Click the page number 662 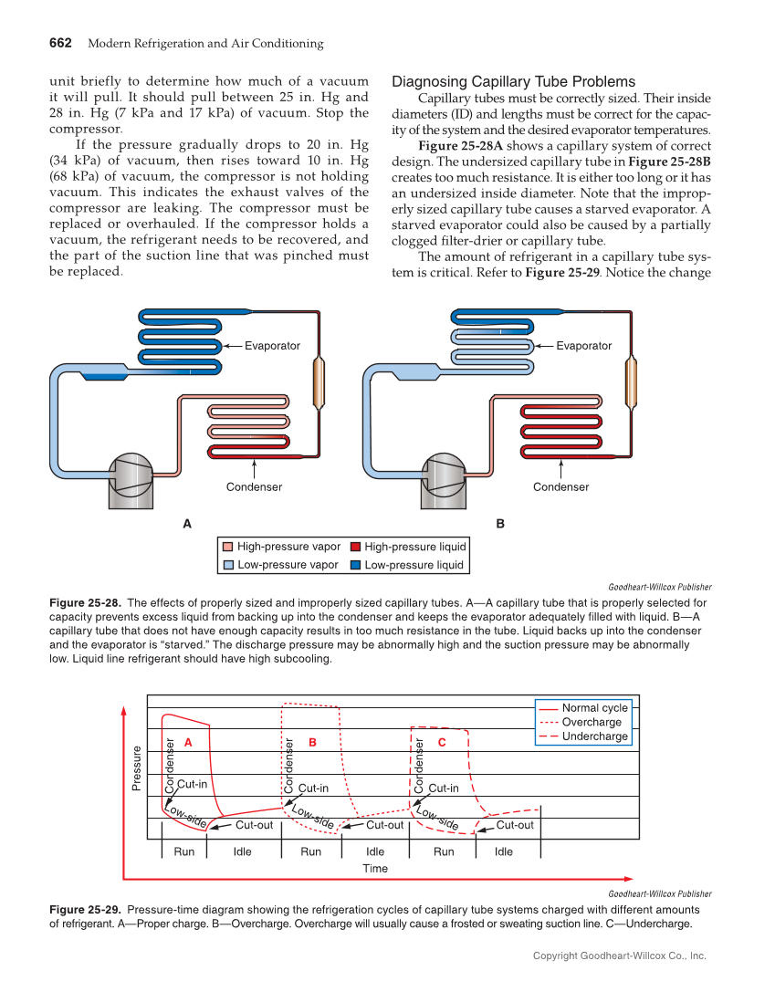click(x=60, y=44)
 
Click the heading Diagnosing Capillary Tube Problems click(x=513, y=82)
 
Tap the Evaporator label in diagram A click(x=272, y=346)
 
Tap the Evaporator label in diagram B click(x=583, y=346)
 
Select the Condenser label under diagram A click(x=254, y=487)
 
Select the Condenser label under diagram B click(x=560, y=487)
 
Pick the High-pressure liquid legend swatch click(x=356, y=548)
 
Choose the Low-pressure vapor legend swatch click(x=228, y=566)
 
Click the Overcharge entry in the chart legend click(x=592, y=722)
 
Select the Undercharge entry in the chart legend click(x=594, y=736)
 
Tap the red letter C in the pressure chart click(x=441, y=743)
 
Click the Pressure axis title click(x=137, y=768)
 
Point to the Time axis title click(x=375, y=869)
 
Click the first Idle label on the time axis click(x=242, y=851)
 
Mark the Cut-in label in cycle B click(x=313, y=788)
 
